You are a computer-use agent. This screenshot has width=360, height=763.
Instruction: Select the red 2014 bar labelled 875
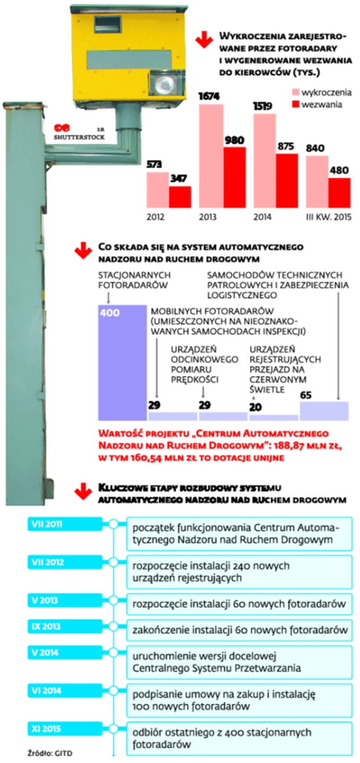(287, 181)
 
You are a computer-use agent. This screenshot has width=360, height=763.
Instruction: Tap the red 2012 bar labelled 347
(180, 197)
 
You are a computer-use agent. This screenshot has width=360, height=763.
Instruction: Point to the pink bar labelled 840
(317, 182)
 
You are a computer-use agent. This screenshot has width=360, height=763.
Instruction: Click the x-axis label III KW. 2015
(328, 217)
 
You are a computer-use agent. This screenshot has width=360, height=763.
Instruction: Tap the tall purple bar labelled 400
(122, 363)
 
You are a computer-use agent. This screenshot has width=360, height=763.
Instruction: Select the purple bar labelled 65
(324, 411)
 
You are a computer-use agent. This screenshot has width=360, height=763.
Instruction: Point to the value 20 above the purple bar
(255, 407)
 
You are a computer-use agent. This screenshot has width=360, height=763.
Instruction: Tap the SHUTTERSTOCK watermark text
(79, 137)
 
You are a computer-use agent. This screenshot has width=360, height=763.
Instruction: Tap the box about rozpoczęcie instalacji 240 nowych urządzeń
(239, 572)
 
